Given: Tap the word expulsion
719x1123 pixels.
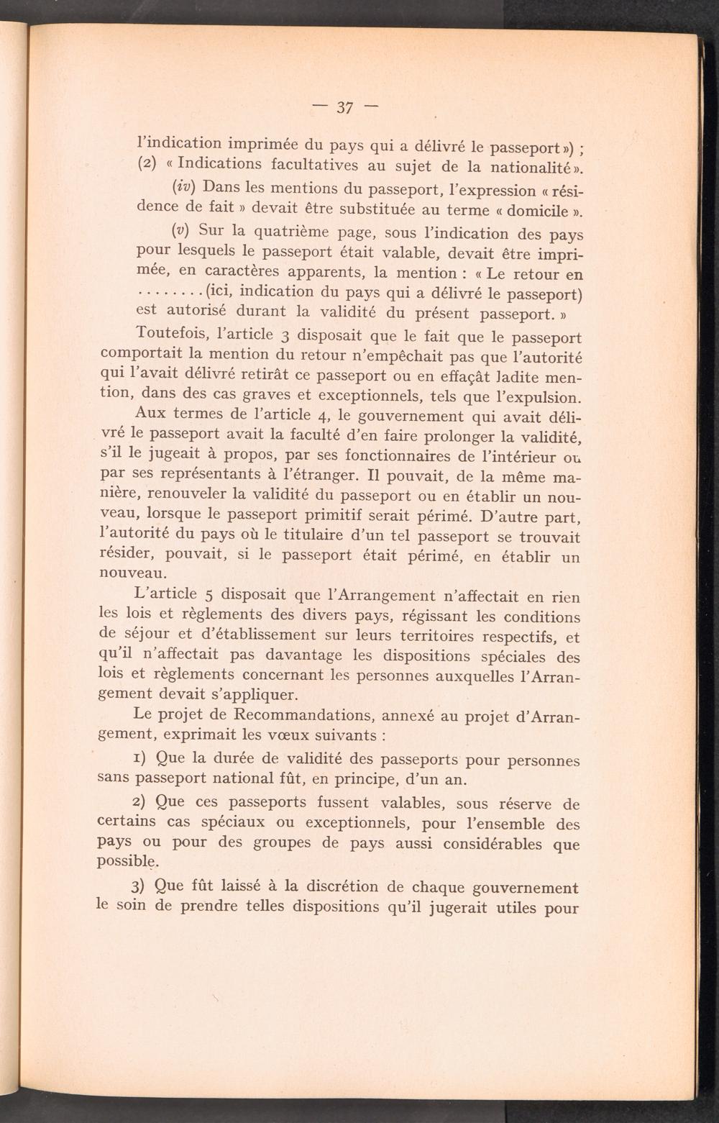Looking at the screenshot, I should [x=539, y=397].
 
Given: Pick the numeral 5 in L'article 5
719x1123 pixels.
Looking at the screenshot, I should [x=209, y=595].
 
